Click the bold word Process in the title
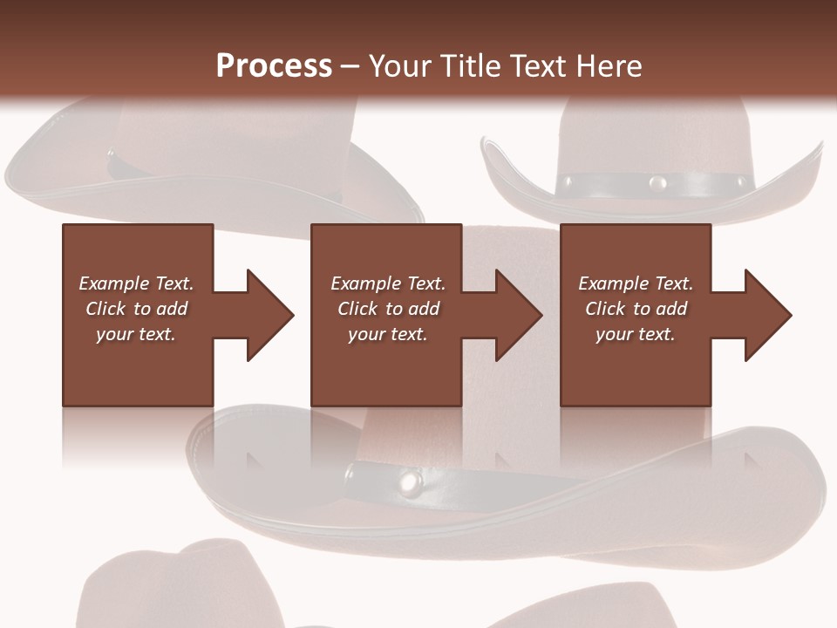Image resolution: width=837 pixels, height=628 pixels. (274, 66)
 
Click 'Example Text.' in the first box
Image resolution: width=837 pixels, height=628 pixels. (136, 283)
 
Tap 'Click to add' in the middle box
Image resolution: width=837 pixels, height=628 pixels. (388, 309)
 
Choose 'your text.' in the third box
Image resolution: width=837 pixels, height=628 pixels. (635, 334)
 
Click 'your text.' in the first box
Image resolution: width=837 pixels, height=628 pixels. (136, 334)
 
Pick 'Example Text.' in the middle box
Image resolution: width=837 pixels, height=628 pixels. (388, 283)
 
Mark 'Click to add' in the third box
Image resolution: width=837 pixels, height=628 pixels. (636, 309)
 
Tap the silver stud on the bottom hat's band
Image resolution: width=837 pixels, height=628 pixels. (409, 479)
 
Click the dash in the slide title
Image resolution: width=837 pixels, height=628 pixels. (350, 66)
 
